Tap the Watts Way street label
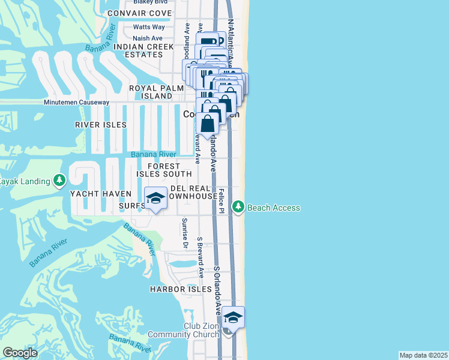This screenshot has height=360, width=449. click(x=149, y=27)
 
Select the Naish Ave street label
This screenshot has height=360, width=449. click(x=148, y=38)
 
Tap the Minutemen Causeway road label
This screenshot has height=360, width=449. click(x=76, y=103)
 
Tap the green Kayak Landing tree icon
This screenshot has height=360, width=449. click(x=59, y=181)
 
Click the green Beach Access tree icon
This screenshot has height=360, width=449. click(x=238, y=207)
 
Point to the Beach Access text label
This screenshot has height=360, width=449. click(x=274, y=208)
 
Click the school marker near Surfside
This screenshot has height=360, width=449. click(x=155, y=199)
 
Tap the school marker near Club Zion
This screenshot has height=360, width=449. click(x=233, y=317)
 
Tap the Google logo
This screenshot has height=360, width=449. click(x=20, y=353)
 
